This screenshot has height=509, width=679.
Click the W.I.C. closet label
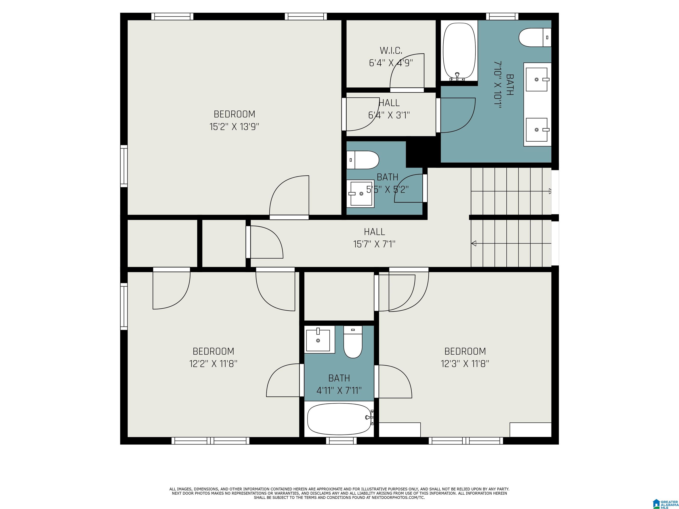391,50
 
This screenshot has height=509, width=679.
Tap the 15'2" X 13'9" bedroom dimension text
234,127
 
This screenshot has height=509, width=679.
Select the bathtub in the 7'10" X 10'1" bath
459,51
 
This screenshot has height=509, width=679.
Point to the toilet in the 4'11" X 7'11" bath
353,342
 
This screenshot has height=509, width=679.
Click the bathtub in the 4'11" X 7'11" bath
340,419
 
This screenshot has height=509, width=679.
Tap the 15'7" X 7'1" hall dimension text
374,244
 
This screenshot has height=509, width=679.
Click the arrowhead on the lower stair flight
474,243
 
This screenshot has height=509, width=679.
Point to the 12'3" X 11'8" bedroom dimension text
465,364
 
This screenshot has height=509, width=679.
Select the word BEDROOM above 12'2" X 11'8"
213,351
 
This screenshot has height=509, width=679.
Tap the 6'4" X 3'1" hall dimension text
389,115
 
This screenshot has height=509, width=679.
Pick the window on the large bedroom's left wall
124,166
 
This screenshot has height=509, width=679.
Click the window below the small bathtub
341,441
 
